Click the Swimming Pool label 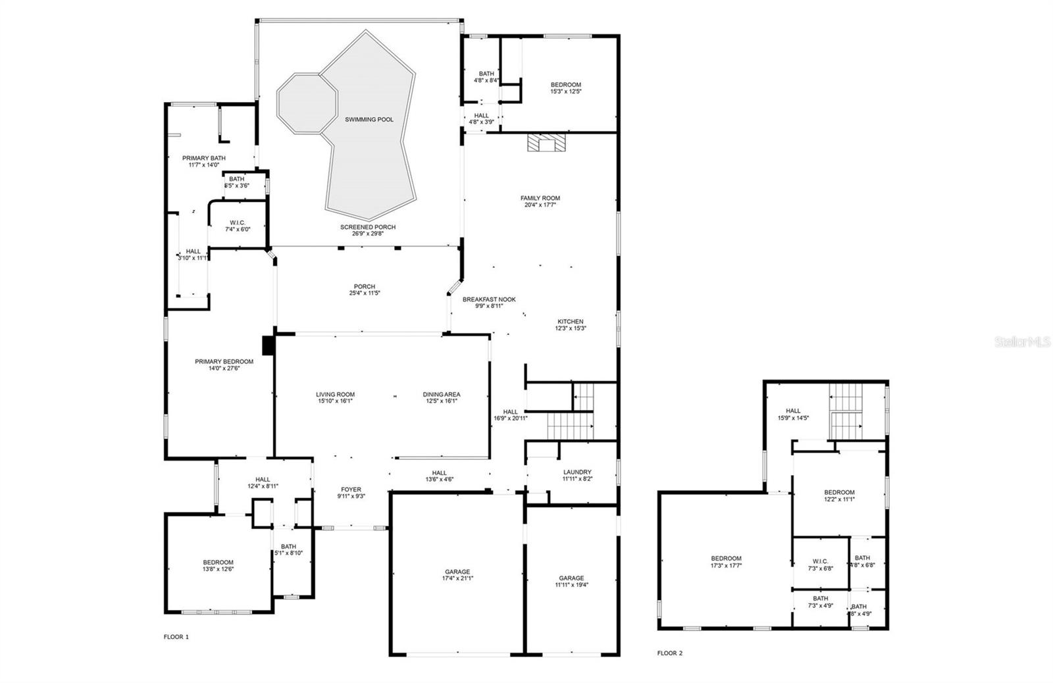click(x=369, y=120)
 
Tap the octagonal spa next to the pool click(x=307, y=103)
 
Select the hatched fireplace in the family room click(x=546, y=143)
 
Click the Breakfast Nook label click(x=489, y=299)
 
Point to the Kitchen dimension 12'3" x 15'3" click(x=570, y=328)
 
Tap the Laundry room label click(x=577, y=472)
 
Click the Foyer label click(x=351, y=490)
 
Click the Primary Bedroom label click(x=224, y=362)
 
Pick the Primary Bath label click(x=204, y=159)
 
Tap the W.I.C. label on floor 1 click(x=238, y=222)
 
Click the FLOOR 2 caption click(x=670, y=653)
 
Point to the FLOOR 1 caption click(x=176, y=637)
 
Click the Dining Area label click(x=442, y=395)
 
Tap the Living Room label click(x=335, y=395)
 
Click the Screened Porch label click(x=368, y=228)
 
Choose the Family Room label click(x=540, y=198)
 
